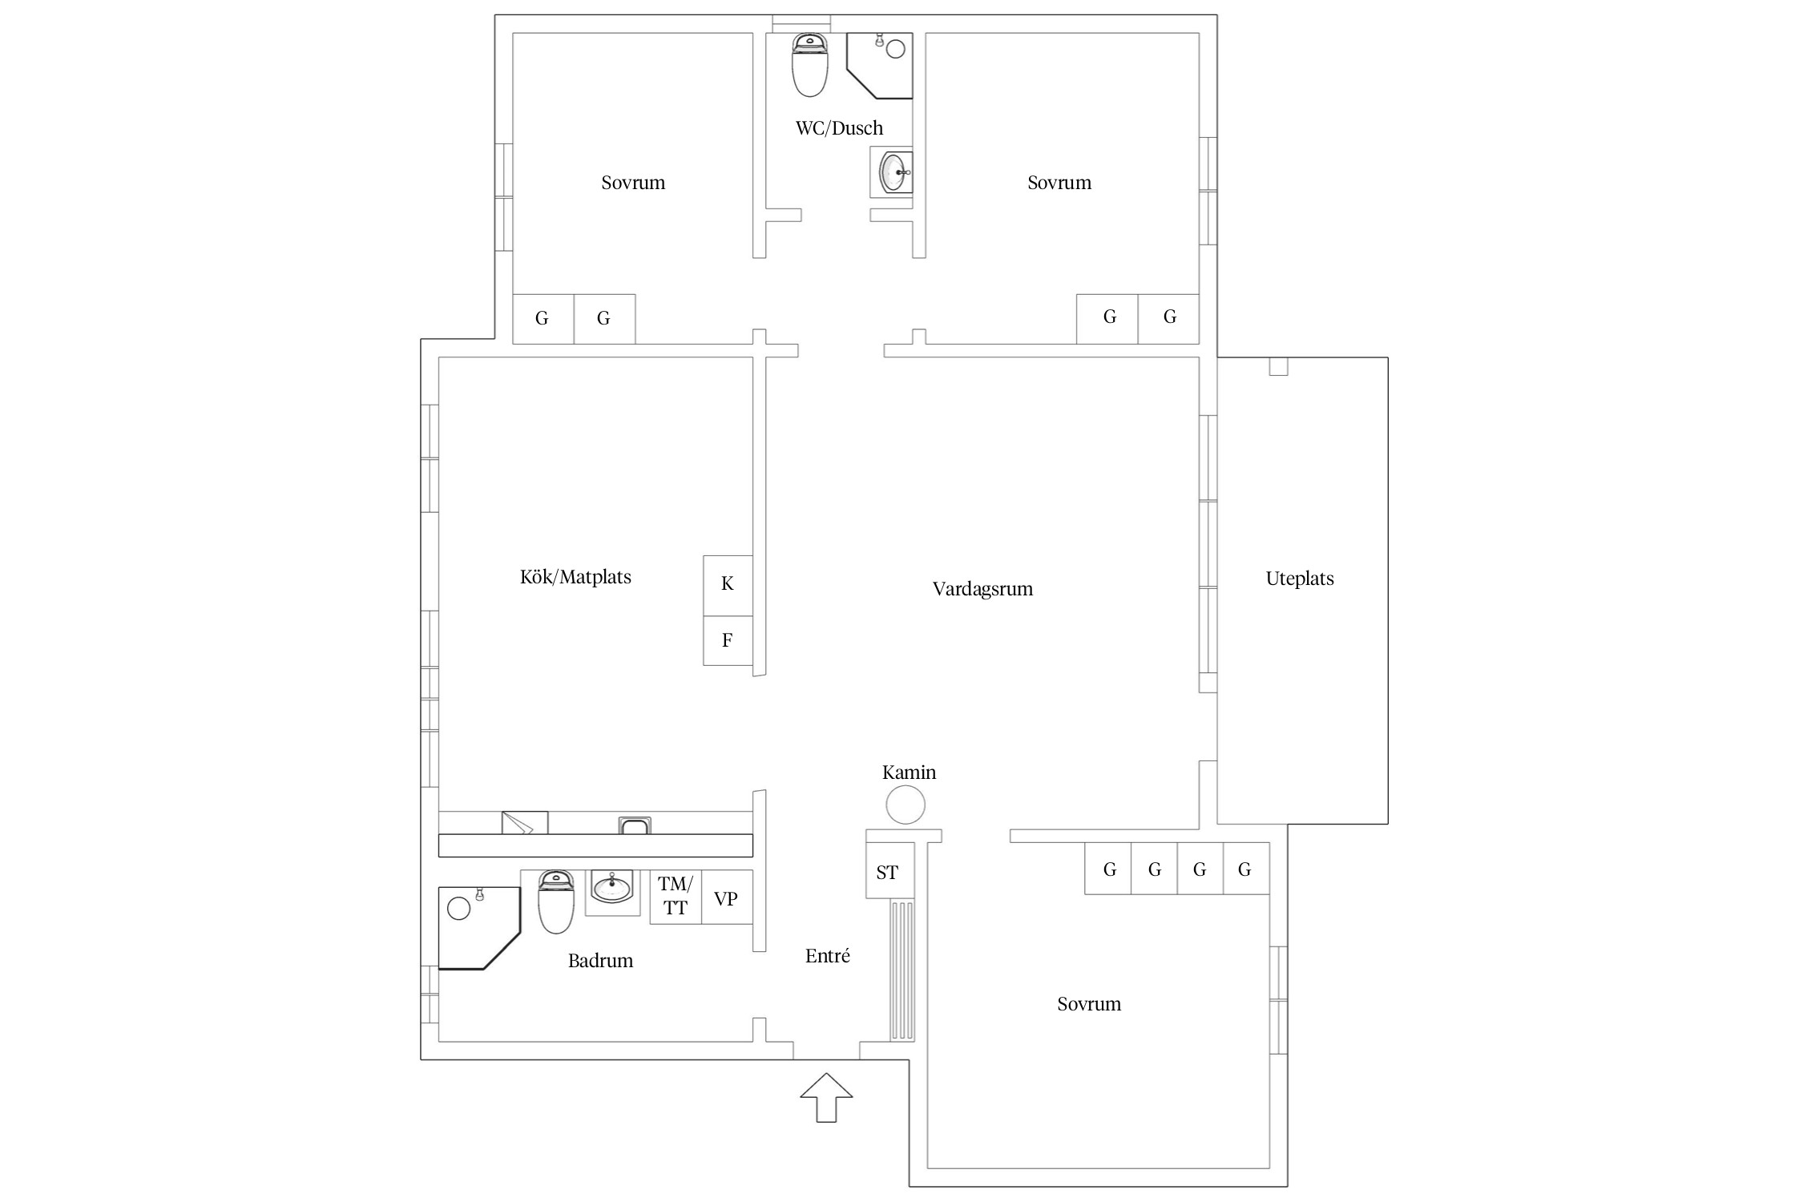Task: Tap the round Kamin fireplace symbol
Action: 906,805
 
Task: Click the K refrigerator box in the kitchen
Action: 728,586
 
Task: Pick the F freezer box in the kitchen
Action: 728,640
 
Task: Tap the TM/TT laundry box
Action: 676,897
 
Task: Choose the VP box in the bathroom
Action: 727,897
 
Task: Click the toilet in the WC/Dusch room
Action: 809,65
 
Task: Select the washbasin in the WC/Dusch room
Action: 893,171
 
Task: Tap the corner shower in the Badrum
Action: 479,928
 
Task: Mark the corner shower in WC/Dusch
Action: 880,66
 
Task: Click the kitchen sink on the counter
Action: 635,825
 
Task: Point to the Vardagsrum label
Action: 982,590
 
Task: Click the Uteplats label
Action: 1300,579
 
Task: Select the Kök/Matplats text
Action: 575,577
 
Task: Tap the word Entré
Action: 827,955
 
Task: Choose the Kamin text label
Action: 909,772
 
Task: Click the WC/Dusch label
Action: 839,128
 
